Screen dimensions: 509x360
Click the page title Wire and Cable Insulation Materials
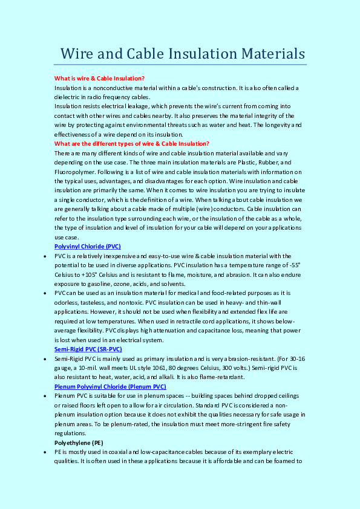[183, 53]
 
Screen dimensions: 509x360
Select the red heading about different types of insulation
[132, 143]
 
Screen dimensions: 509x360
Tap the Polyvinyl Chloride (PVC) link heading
[88, 247]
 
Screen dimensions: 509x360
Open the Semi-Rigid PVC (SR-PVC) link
[88, 349]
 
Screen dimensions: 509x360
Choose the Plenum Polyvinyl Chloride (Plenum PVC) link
[110, 386]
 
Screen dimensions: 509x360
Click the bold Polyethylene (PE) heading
[78, 442]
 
